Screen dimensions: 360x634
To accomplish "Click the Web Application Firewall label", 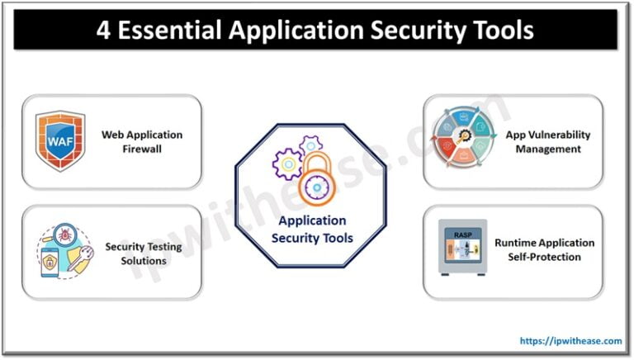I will [141, 141].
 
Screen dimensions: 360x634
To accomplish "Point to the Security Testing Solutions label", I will [136, 253].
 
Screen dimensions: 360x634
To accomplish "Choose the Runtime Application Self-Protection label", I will [544, 249].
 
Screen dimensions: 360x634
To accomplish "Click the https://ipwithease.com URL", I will [570, 340].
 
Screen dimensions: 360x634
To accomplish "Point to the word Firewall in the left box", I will [141, 149].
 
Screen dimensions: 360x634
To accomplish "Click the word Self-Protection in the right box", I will [544, 257].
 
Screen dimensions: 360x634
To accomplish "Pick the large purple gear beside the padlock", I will [289, 163].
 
